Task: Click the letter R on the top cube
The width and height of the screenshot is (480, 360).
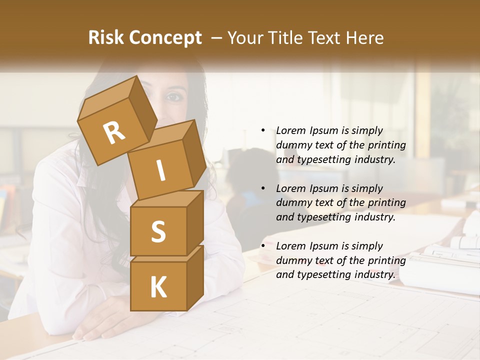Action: [x=114, y=132]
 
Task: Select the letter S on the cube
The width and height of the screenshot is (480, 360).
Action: [x=158, y=231]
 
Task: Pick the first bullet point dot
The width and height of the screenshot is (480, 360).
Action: [x=263, y=130]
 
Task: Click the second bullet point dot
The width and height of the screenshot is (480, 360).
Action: [x=263, y=188]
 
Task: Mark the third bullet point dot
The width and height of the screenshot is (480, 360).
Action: [x=263, y=246]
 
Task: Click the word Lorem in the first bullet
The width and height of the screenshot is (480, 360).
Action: [x=290, y=130]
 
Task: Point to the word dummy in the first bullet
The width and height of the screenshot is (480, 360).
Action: [x=292, y=145]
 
